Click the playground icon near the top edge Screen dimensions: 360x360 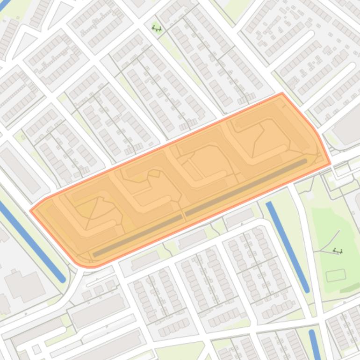(157, 29)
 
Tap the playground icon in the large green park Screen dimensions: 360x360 (338, 251)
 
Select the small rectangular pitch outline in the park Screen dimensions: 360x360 (335, 275)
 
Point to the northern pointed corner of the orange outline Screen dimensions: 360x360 (282, 93)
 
